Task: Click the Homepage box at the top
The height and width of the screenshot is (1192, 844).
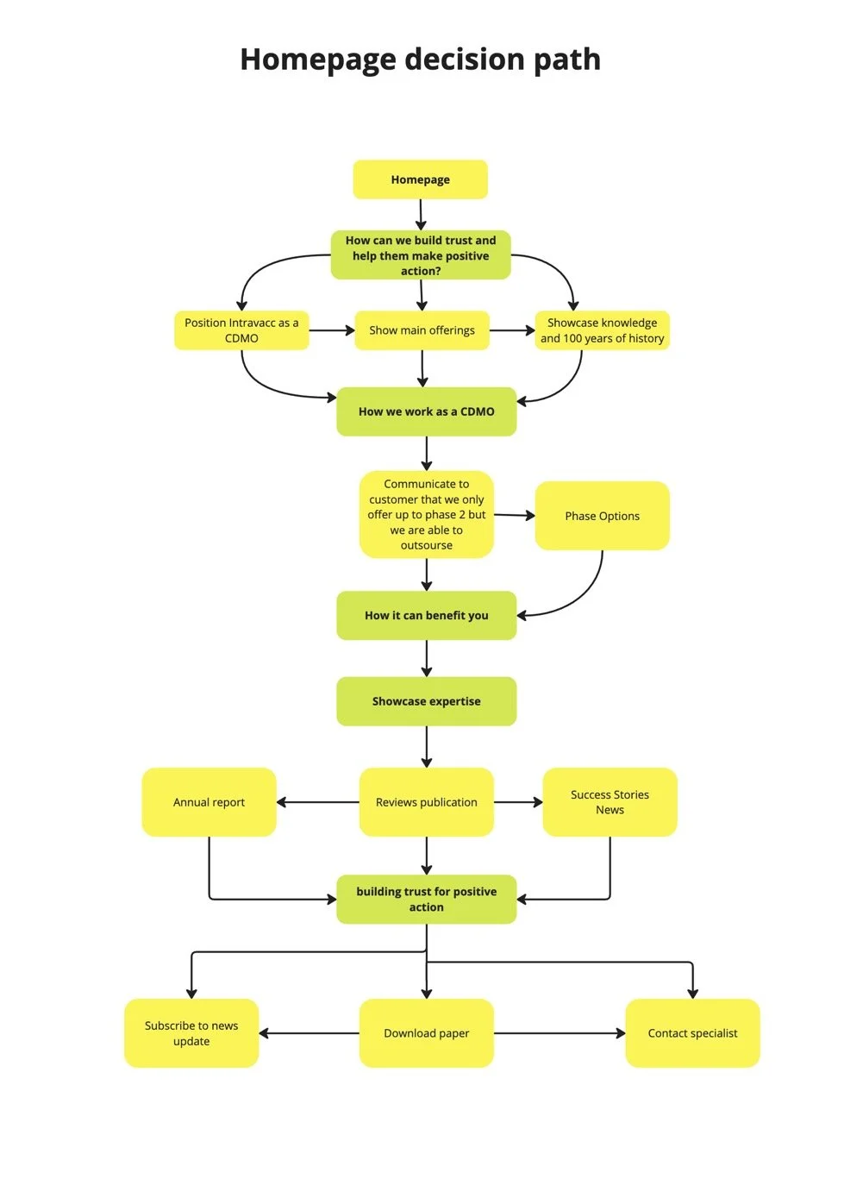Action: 420,179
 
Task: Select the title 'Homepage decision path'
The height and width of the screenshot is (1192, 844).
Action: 420,60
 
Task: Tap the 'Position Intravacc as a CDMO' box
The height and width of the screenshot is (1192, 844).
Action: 241,330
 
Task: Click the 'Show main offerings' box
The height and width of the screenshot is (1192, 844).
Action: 422,330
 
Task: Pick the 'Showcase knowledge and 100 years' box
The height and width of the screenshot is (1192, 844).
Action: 602,330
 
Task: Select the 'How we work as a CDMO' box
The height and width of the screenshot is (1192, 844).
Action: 426,411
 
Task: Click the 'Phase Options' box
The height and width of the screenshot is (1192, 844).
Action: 602,516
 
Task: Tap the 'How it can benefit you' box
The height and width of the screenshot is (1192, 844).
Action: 426,615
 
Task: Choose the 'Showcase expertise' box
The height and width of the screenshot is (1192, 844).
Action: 426,701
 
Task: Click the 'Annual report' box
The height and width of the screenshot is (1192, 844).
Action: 209,802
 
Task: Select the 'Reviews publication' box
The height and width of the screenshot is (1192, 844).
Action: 426,802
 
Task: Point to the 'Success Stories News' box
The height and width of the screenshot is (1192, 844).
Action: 610,802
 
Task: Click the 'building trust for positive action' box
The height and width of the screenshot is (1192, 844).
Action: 426,900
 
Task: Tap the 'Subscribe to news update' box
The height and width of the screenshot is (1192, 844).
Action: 191,1033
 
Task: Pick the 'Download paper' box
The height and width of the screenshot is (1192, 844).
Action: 426,1033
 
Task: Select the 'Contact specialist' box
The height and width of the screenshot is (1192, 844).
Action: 692,1033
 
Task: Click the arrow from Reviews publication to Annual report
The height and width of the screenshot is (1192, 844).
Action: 317,802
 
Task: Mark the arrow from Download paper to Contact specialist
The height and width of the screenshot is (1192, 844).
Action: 559,1033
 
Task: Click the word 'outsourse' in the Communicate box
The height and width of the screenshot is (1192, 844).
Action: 426,545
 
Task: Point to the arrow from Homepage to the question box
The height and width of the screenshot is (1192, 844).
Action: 421,214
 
